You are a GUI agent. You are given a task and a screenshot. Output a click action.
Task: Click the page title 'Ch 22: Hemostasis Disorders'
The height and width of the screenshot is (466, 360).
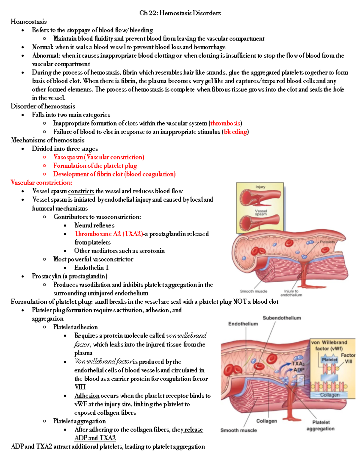coord(180,13)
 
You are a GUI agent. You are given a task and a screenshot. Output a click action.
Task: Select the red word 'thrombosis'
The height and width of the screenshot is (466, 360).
coord(225,123)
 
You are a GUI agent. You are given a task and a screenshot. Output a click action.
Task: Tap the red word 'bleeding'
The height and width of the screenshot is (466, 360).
coord(235,132)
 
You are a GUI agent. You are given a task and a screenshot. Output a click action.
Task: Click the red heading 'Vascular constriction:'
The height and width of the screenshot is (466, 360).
coord(41,182)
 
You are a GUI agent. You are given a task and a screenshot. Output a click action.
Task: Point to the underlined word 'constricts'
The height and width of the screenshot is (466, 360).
coord(81,191)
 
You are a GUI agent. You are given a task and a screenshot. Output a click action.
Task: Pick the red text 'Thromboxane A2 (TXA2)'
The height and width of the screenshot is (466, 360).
coord(109,234)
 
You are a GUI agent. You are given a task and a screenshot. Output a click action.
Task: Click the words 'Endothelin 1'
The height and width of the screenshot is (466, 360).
coord(91,268)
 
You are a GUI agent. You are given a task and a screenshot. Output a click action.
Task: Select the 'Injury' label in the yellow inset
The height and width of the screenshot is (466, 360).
coord(260,187)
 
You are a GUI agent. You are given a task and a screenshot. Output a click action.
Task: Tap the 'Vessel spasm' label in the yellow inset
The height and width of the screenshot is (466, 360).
coord(261,212)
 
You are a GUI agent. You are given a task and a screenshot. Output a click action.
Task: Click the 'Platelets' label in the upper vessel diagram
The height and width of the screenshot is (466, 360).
coord(327,242)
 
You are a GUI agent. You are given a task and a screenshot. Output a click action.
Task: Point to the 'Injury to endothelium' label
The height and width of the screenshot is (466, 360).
coord(291,293)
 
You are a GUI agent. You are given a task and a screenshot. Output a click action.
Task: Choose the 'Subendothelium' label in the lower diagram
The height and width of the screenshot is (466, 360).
coord(282,318)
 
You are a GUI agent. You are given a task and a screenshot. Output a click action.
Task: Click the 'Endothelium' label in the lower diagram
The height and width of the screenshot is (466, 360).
coord(243,324)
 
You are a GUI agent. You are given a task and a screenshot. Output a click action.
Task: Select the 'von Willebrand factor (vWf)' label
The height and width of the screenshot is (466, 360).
coord(329,345)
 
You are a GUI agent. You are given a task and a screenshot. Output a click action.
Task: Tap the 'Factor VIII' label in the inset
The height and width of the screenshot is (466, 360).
coord(348,358)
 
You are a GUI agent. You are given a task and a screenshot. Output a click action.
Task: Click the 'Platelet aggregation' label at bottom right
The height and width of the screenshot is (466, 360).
coord(320,425)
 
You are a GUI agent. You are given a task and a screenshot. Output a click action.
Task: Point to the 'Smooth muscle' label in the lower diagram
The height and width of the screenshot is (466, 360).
coord(238,430)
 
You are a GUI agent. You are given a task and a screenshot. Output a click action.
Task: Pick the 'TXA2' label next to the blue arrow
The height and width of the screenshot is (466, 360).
coord(298,364)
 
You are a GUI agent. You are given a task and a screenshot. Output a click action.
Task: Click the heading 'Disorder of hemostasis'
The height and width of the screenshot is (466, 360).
coord(43,106)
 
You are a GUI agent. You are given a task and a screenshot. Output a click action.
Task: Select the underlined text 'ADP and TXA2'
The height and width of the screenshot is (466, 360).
coord(95,438)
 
